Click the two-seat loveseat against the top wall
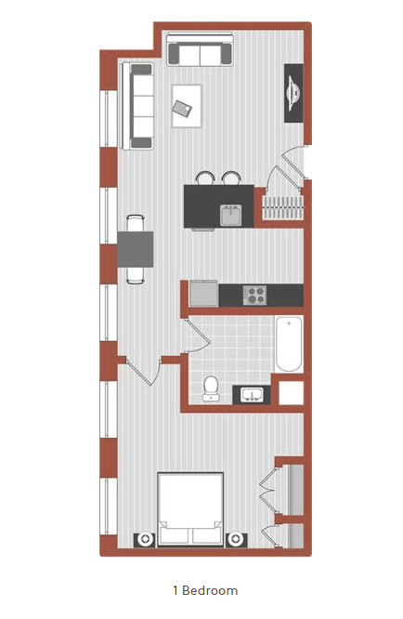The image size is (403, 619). coord(200,54)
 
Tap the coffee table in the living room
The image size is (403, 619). coord(187,103)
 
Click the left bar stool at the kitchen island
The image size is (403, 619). coord(204,177)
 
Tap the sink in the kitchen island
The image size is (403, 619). coord(231,215)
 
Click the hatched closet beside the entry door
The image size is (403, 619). coord(281,205)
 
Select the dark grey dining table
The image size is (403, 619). coord(136,248)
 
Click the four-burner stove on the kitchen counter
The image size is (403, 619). coord(255,295)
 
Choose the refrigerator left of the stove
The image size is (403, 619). coord(202,294)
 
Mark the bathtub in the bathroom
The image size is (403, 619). coord(289,345)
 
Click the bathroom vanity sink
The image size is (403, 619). coord(251,395)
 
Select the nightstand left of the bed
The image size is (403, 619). coord(144,539)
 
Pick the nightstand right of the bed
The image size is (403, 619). coord(236,539)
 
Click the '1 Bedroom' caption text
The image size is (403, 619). coord(204,590)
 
